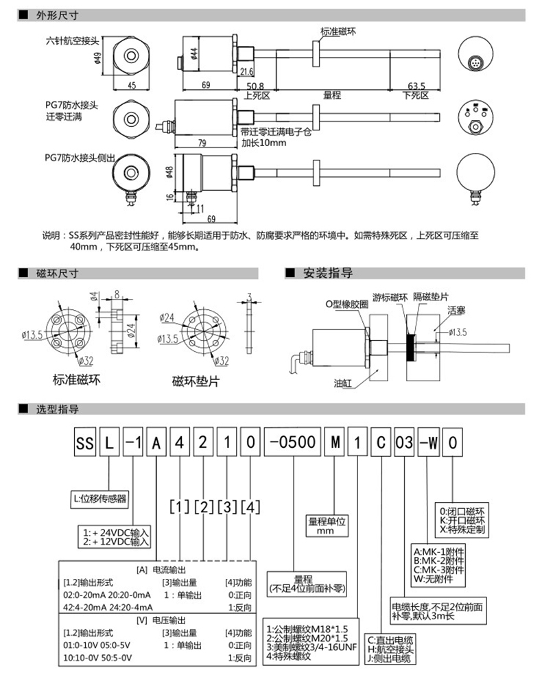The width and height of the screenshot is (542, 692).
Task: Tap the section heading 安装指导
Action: (x=328, y=273)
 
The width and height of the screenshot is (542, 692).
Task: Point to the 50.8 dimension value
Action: (x=255, y=86)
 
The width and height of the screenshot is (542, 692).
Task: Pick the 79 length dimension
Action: (x=202, y=143)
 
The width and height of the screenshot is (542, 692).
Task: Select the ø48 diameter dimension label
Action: (x=169, y=171)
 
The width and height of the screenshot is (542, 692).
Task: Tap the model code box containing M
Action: (x=335, y=442)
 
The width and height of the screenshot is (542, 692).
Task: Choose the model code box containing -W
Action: (x=428, y=442)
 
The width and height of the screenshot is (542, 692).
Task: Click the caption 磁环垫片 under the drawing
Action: (x=196, y=381)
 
